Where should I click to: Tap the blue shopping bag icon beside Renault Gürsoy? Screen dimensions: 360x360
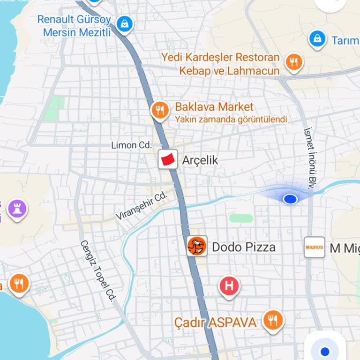(124, 24)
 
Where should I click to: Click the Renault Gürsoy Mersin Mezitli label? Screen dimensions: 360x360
(74, 26)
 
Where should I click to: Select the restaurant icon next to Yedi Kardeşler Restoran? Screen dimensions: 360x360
(294, 61)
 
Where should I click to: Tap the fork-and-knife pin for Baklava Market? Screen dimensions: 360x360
(160, 110)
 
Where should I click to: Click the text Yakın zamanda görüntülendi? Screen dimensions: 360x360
(231, 120)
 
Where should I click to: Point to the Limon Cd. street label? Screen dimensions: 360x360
(131, 145)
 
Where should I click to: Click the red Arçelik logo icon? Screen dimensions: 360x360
(168, 159)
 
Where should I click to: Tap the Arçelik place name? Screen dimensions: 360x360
(200, 160)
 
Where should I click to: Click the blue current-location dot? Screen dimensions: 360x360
(291, 199)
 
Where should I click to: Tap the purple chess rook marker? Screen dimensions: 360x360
(17, 209)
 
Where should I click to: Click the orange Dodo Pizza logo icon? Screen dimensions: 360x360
(197, 246)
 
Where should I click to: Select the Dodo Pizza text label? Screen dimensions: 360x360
(244, 247)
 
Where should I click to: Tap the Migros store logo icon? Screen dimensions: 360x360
(314, 247)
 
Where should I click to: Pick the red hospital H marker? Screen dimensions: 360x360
(229, 285)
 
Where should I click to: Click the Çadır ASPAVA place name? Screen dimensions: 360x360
(215, 322)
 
